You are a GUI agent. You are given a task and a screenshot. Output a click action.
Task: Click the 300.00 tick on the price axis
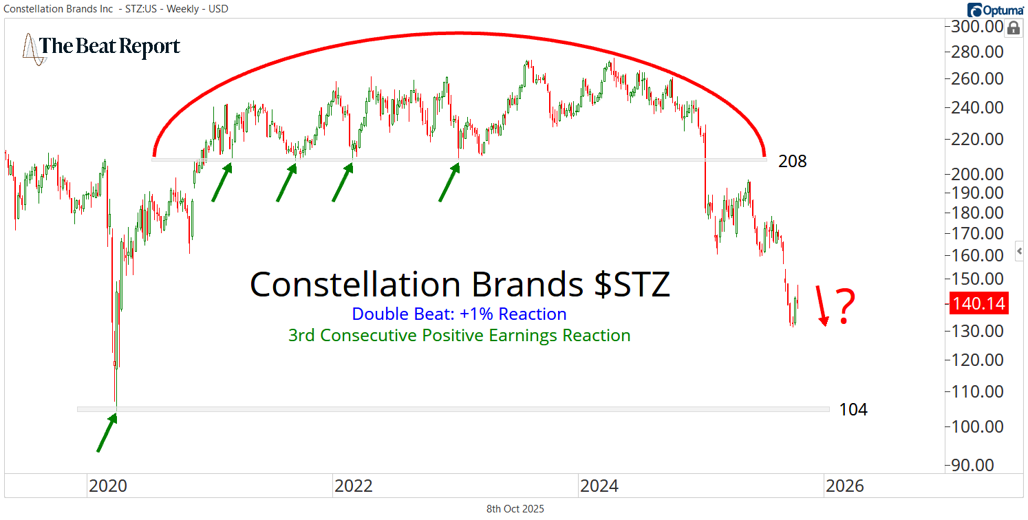tap(977, 27)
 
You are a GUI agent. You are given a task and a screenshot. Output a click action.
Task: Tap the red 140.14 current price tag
tap(978, 303)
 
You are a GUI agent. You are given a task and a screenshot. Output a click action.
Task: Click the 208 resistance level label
tap(792, 162)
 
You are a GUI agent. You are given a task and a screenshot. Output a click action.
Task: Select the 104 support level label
tap(853, 410)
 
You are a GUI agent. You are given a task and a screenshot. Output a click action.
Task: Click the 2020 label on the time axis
tap(107, 486)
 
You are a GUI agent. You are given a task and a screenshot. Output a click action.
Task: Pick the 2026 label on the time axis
tap(844, 486)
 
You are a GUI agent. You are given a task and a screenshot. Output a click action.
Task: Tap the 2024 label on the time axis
tap(599, 486)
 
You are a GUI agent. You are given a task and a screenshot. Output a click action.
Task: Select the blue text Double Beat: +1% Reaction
tap(459, 314)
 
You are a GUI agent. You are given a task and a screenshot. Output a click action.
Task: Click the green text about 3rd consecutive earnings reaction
tap(459, 336)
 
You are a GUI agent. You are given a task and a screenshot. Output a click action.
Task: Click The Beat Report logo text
tap(110, 46)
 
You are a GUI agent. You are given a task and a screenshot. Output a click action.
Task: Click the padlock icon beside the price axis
tap(1014, 28)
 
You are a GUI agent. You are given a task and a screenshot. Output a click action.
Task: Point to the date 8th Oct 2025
tap(515, 509)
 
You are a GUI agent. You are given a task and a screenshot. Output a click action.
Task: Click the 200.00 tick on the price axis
tap(977, 174)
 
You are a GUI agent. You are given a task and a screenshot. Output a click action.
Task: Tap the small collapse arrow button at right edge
tap(1020, 251)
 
